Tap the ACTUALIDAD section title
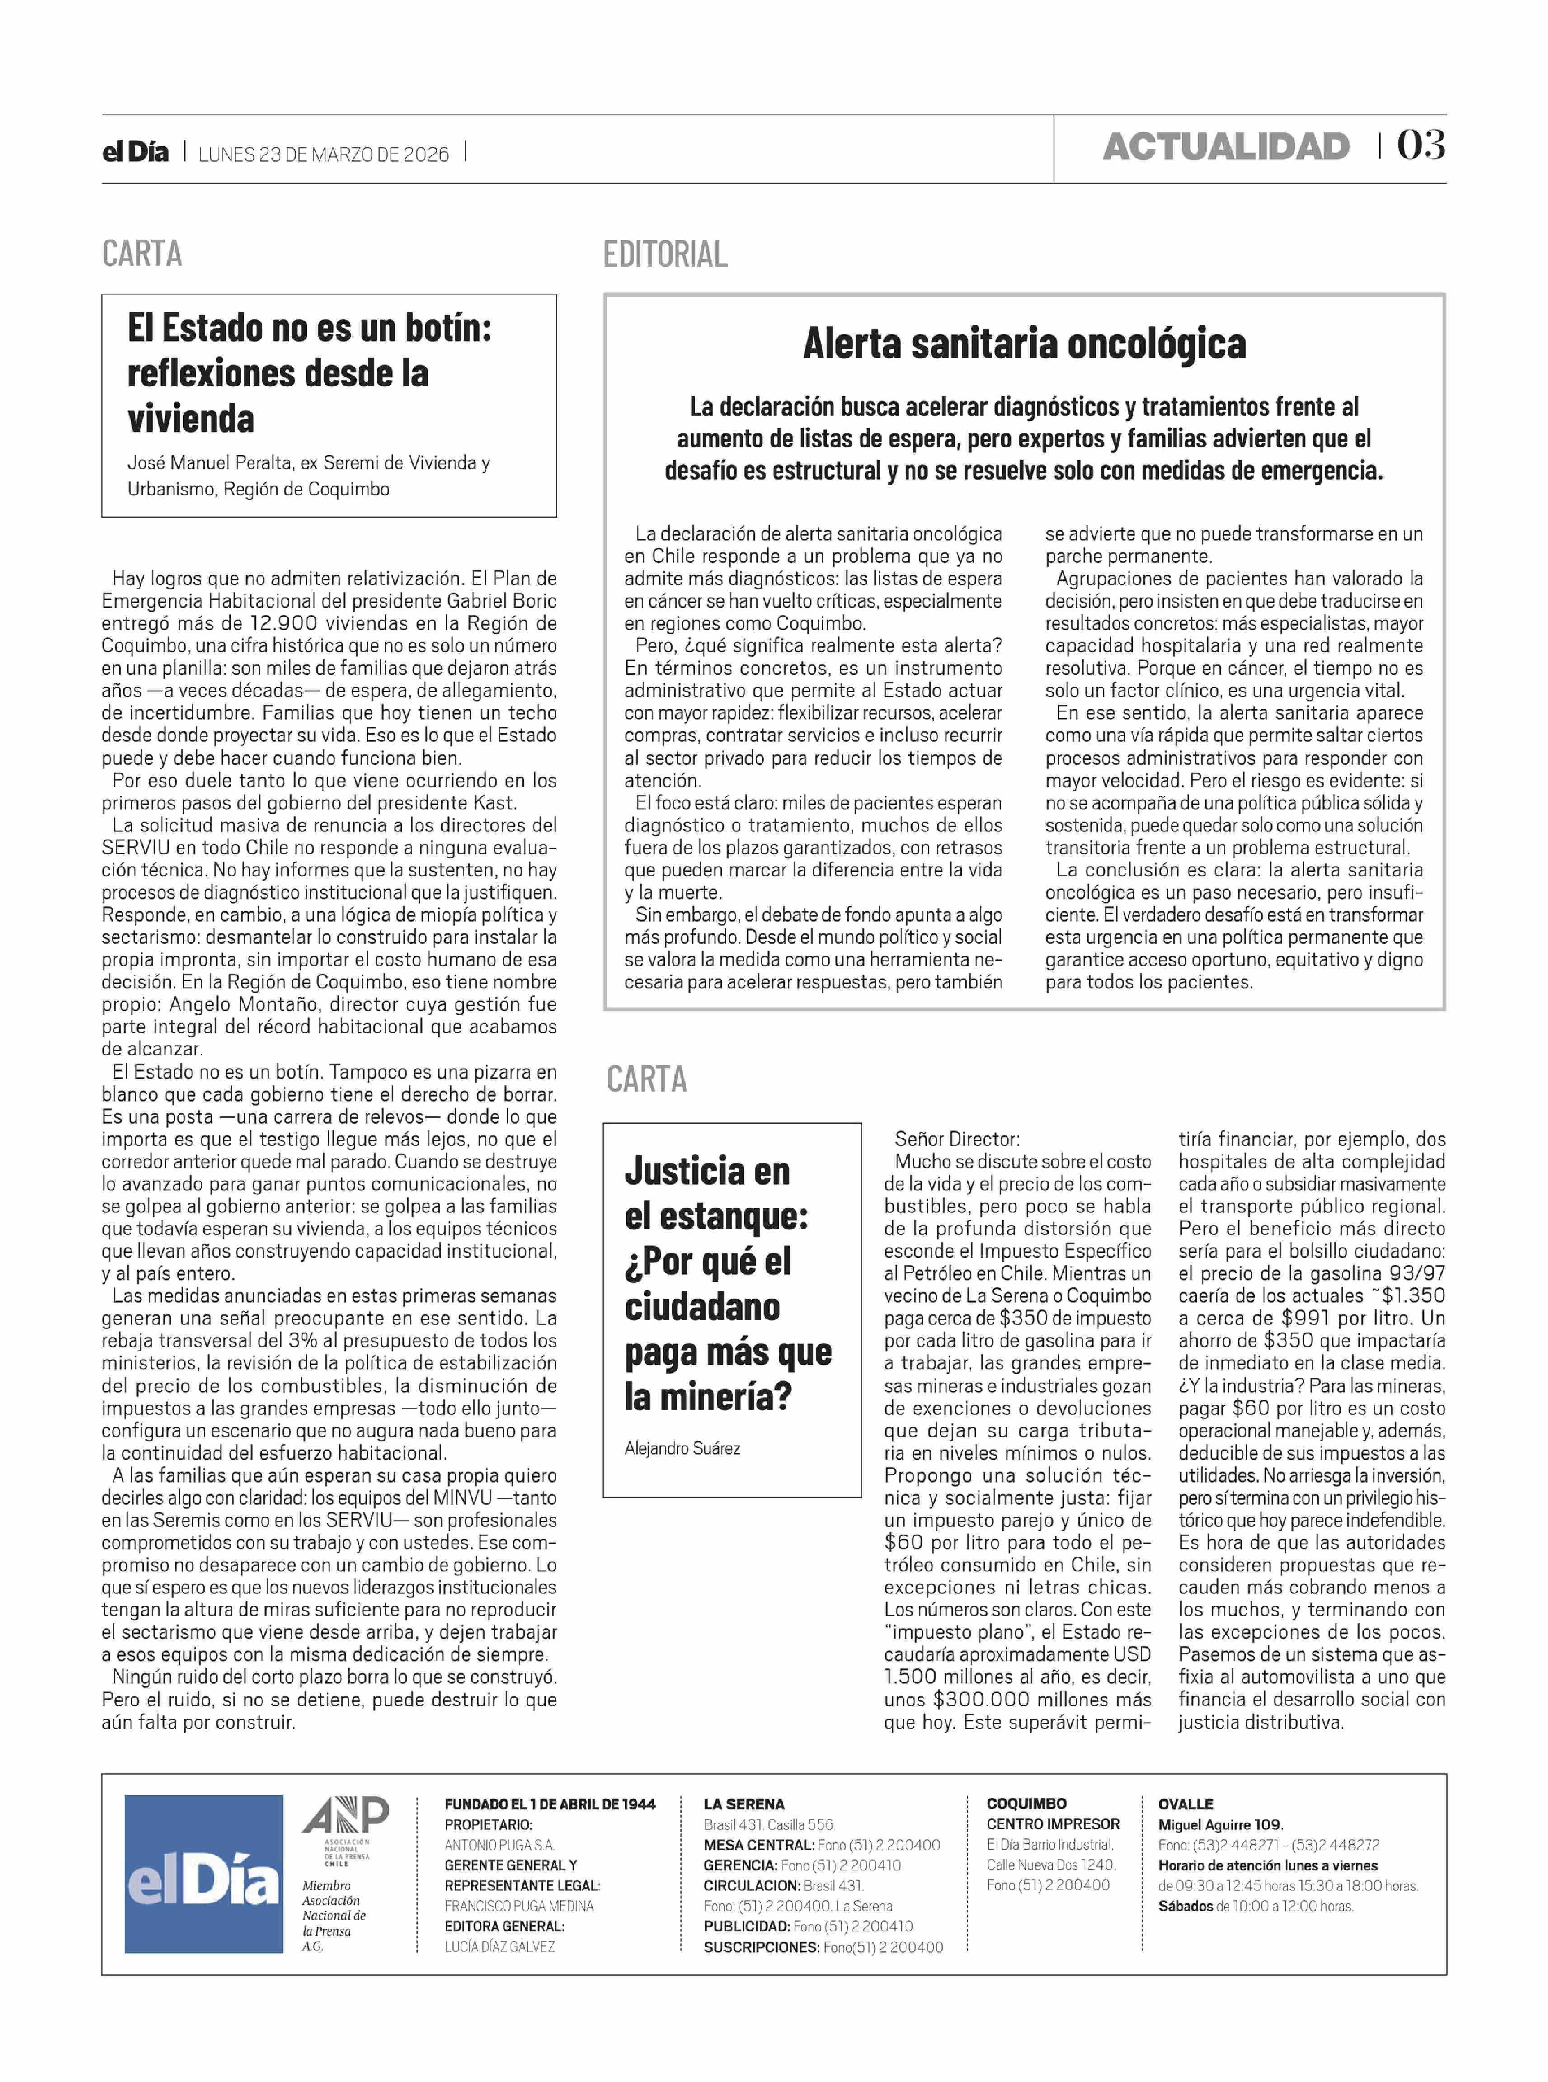tap(1226, 147)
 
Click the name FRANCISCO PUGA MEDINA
tap(519, 1906)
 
